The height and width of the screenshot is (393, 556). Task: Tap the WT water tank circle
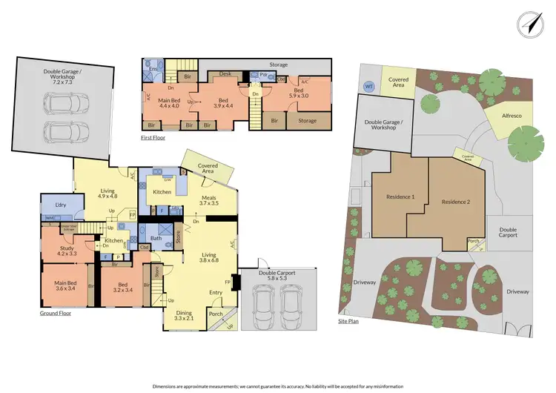click(x=368, y=86)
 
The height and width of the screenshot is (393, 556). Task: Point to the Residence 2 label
click(x=456, y=201)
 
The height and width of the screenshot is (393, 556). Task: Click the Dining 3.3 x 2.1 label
click(x=185, y=316)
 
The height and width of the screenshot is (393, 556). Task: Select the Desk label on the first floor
click(x=225, y=73)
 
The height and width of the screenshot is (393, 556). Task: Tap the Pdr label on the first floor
click(x=264, y=75)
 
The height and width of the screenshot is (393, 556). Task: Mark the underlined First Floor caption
click(x=153, y=138)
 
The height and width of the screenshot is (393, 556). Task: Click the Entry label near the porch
click(x=215, y=292)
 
